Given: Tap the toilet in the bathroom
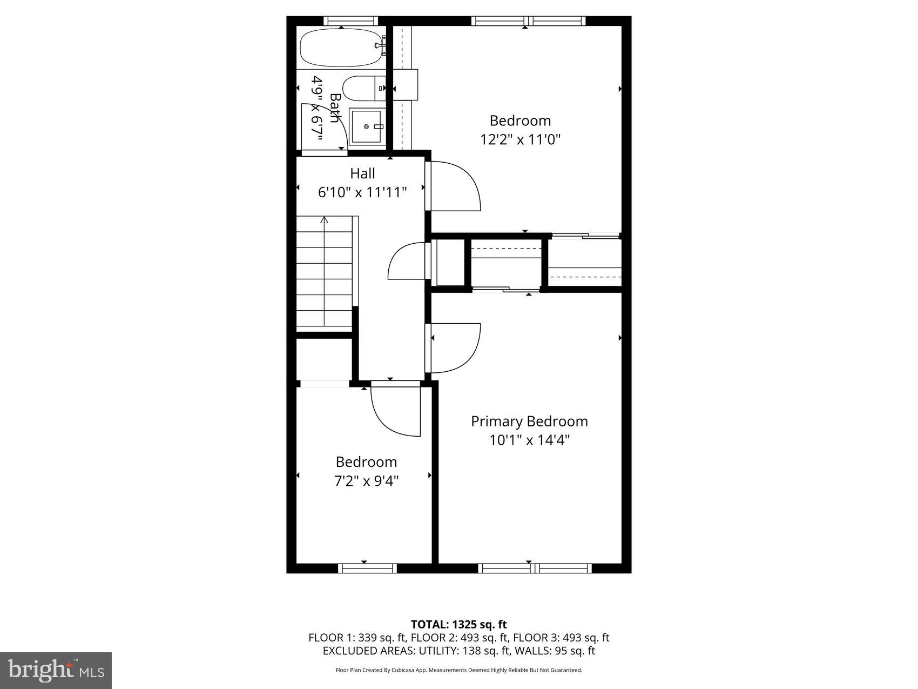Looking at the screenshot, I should (x=362, y=89).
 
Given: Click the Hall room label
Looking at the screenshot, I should (x=362, y=173).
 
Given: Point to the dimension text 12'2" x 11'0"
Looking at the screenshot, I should (x=520, y=139).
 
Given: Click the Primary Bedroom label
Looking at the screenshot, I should (x=529, y=421).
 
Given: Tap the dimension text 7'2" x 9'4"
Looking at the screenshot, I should (x=366, y=480).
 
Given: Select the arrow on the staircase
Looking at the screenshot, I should (x=324, y=220).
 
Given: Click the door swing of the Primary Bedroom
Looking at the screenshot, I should (x=456, y=348).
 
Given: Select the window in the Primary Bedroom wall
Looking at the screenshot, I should (x=535, y=568).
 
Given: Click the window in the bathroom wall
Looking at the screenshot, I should (x=349, y=21).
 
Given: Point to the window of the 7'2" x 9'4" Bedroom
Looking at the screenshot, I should (x=367, y=568).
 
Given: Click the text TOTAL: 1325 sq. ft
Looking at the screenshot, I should (x=458, y=625).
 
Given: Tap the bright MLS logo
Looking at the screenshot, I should (x=56, y=671).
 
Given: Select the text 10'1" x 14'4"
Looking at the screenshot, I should (x=529, y=440).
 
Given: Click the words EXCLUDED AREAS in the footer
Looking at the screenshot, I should (x=362, y=651).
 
